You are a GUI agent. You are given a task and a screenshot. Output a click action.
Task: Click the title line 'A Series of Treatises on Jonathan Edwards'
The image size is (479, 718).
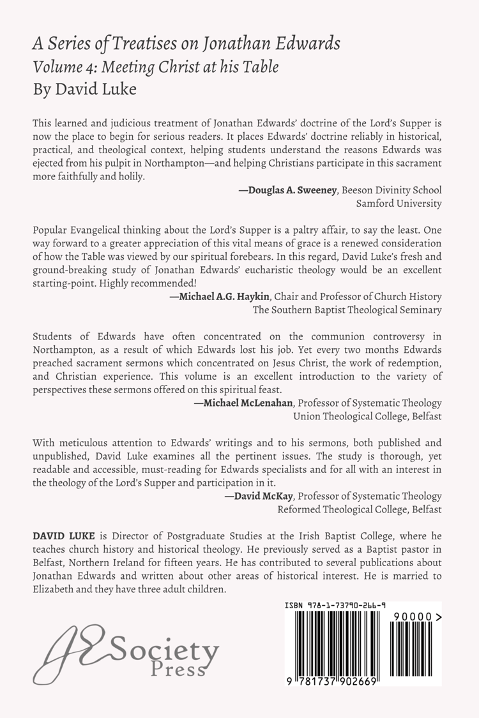pos(186,44)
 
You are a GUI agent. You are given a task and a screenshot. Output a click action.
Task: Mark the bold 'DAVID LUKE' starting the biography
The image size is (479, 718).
pos(59,535)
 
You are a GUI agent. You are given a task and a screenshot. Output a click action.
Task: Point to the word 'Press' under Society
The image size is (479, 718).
pos(178,669)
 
